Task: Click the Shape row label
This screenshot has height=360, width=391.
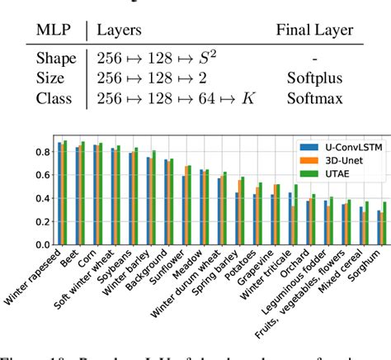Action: point(55,59)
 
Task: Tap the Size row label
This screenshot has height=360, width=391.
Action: point(51,78)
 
